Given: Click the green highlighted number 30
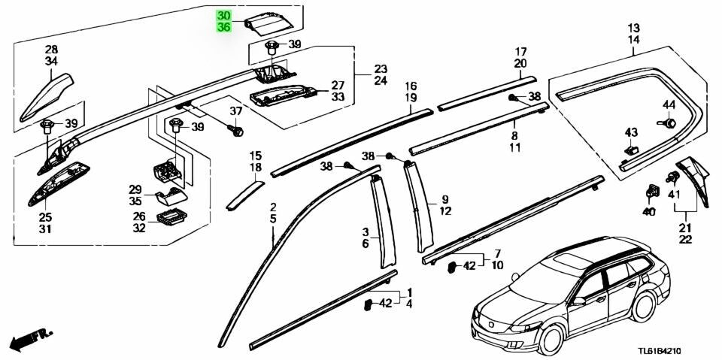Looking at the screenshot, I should coord(224,16).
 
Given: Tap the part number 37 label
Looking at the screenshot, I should coord(235,111).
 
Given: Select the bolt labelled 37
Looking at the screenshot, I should coord(236,131).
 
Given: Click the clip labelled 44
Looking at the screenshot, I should coord(667,121).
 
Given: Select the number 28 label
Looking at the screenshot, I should coord(51,50).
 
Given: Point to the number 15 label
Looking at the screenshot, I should coord(256,155).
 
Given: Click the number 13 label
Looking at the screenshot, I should coord(633,28).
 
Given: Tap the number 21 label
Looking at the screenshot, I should coord(685,228).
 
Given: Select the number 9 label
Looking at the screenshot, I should coord(445,199).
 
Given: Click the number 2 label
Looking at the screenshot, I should coord(273,207).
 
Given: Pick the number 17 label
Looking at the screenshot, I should coord(520,52).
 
